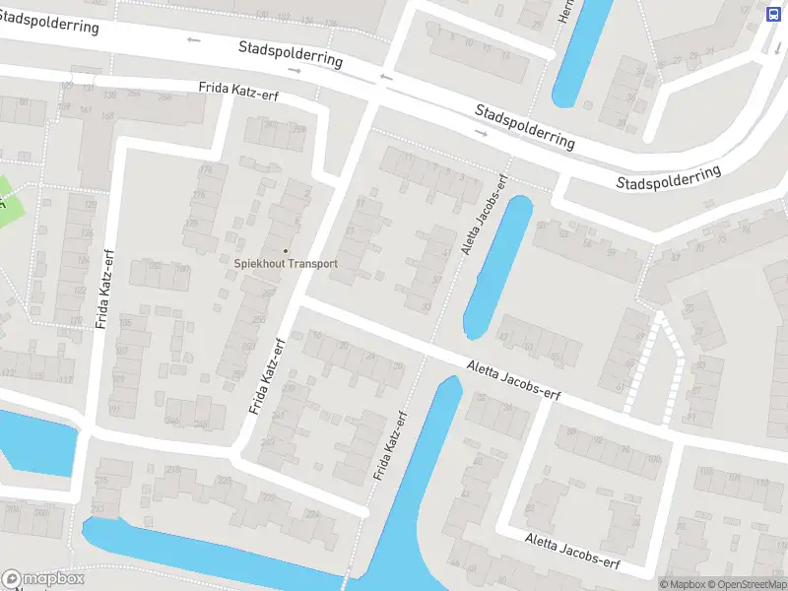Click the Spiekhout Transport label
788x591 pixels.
coord(286,263)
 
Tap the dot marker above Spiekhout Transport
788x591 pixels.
coord(287,250)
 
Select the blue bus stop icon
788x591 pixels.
coord(775,14)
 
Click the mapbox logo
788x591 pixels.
coord(43,579)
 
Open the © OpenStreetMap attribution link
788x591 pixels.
coord(747,584)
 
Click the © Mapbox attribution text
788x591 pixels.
coord(681,584)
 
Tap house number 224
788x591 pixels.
coord(312,513)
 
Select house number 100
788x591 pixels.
coord(653,459)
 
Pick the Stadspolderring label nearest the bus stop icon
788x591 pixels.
coord(669,177)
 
